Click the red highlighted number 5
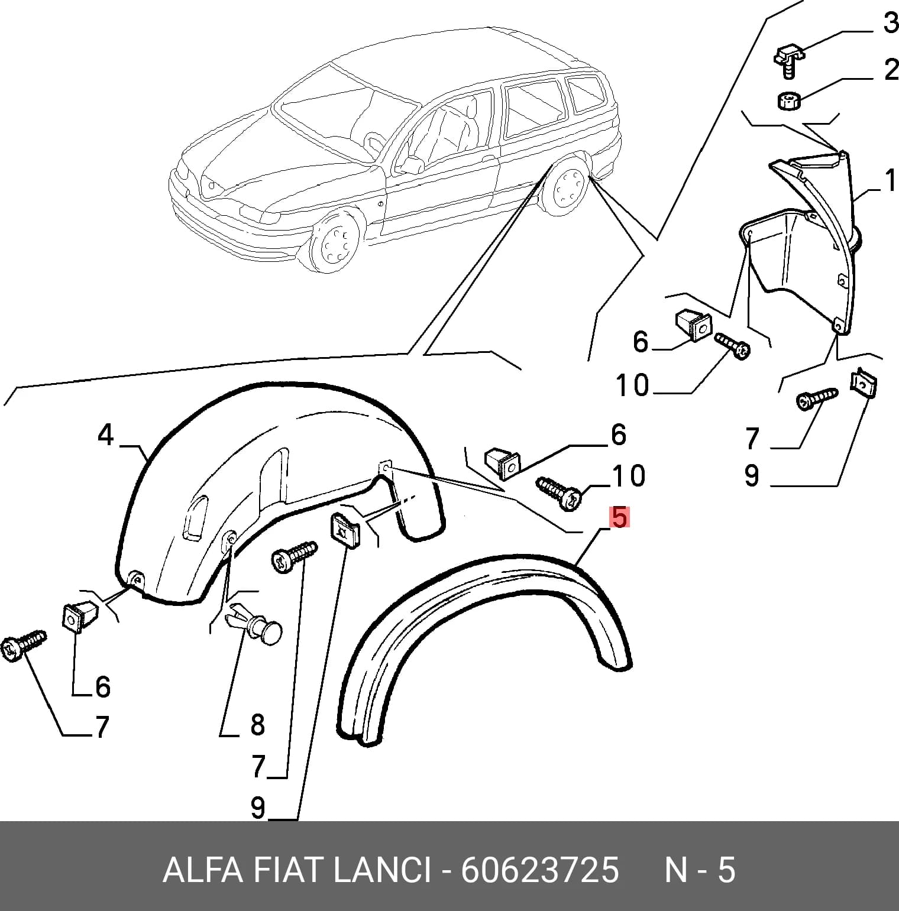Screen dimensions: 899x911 [x=619, y=517]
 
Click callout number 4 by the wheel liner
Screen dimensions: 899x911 [x=105, y=435]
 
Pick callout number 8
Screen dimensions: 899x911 [x=257, y=724]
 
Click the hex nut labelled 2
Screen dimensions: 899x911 [x=789, y=100]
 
